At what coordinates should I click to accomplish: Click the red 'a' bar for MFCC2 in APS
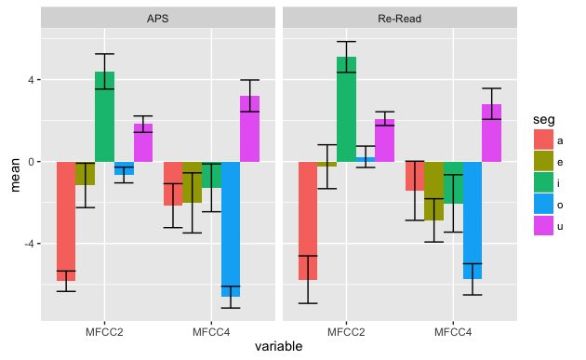click(66, 221)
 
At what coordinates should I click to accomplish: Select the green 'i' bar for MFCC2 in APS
click(104, 116)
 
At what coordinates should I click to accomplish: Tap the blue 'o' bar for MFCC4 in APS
click(231, 229)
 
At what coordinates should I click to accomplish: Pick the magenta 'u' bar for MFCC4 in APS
click(249, 128)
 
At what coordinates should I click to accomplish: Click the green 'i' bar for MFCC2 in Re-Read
click(346, 109)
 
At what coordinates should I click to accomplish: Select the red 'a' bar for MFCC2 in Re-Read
click(308, 220)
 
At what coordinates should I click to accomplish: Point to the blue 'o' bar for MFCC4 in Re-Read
click(473, 220)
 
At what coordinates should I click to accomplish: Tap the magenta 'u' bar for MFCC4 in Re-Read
click(491, 133)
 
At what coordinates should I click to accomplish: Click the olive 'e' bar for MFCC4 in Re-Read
click(433, 191)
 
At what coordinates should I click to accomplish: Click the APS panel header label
click(158, 19)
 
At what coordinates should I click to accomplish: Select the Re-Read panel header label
click(400, 19)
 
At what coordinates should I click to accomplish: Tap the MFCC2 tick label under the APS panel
click(104, 332)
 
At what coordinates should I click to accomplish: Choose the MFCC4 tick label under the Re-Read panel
click(453, 332)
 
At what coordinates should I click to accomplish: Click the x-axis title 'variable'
click(279, 347)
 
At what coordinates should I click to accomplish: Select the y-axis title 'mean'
click(15, 175)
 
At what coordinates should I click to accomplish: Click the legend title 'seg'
click(544, 120)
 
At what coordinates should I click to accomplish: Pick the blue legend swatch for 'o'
click(543, 204)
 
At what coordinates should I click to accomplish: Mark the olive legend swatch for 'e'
click(543, 161)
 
